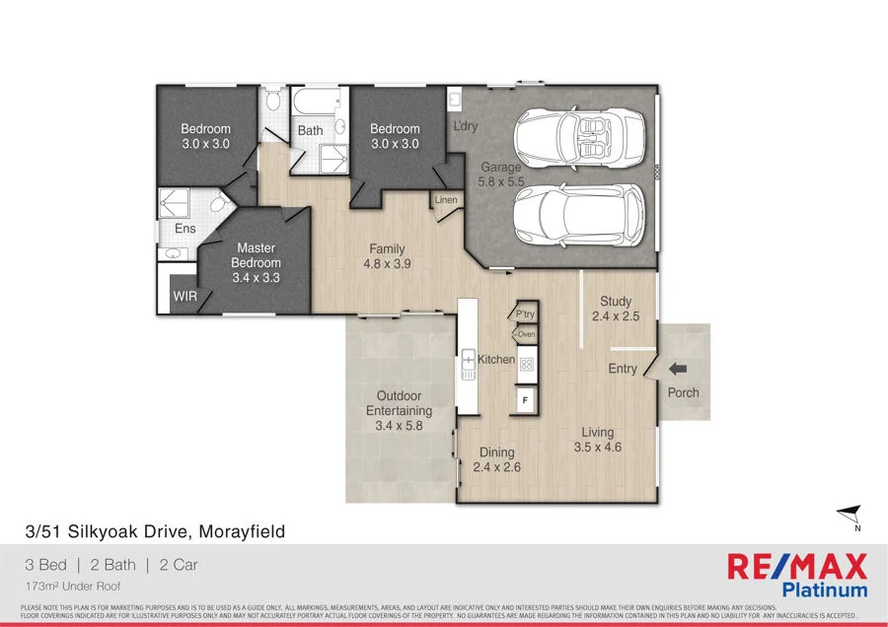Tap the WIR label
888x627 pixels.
coord(185,296)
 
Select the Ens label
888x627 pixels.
coord(185,229)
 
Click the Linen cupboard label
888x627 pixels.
coord(446,201)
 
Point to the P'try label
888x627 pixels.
coord(525,314)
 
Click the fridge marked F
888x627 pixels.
coord(526,400)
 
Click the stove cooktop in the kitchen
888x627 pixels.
coord(527,364)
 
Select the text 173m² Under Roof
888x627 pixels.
coord(71,585)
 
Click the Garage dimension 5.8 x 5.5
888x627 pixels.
coord(501,182)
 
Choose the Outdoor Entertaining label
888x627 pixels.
coord(400,403)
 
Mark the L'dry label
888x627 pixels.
coord(465,127)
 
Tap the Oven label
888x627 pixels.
coord(527,335)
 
